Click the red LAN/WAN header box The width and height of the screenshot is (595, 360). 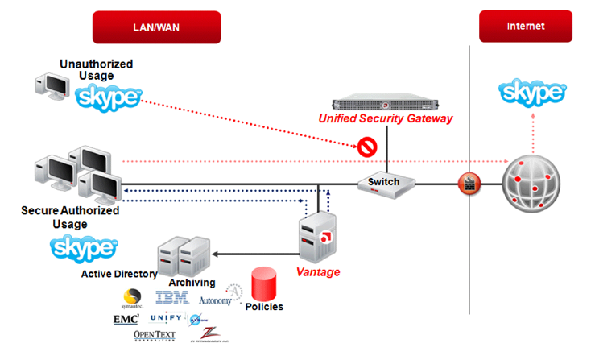click(x=156, y=27)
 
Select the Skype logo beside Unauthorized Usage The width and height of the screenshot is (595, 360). click(x=107, y=99)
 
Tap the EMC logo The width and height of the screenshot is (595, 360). click(x=126, y=319)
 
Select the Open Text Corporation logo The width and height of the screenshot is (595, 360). click(x=154, y=336)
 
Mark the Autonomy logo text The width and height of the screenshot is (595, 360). click(x=215, y=300)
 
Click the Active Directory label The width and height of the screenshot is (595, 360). click(x=119, y=274)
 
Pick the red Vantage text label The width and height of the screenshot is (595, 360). click(x=317, y=272)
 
